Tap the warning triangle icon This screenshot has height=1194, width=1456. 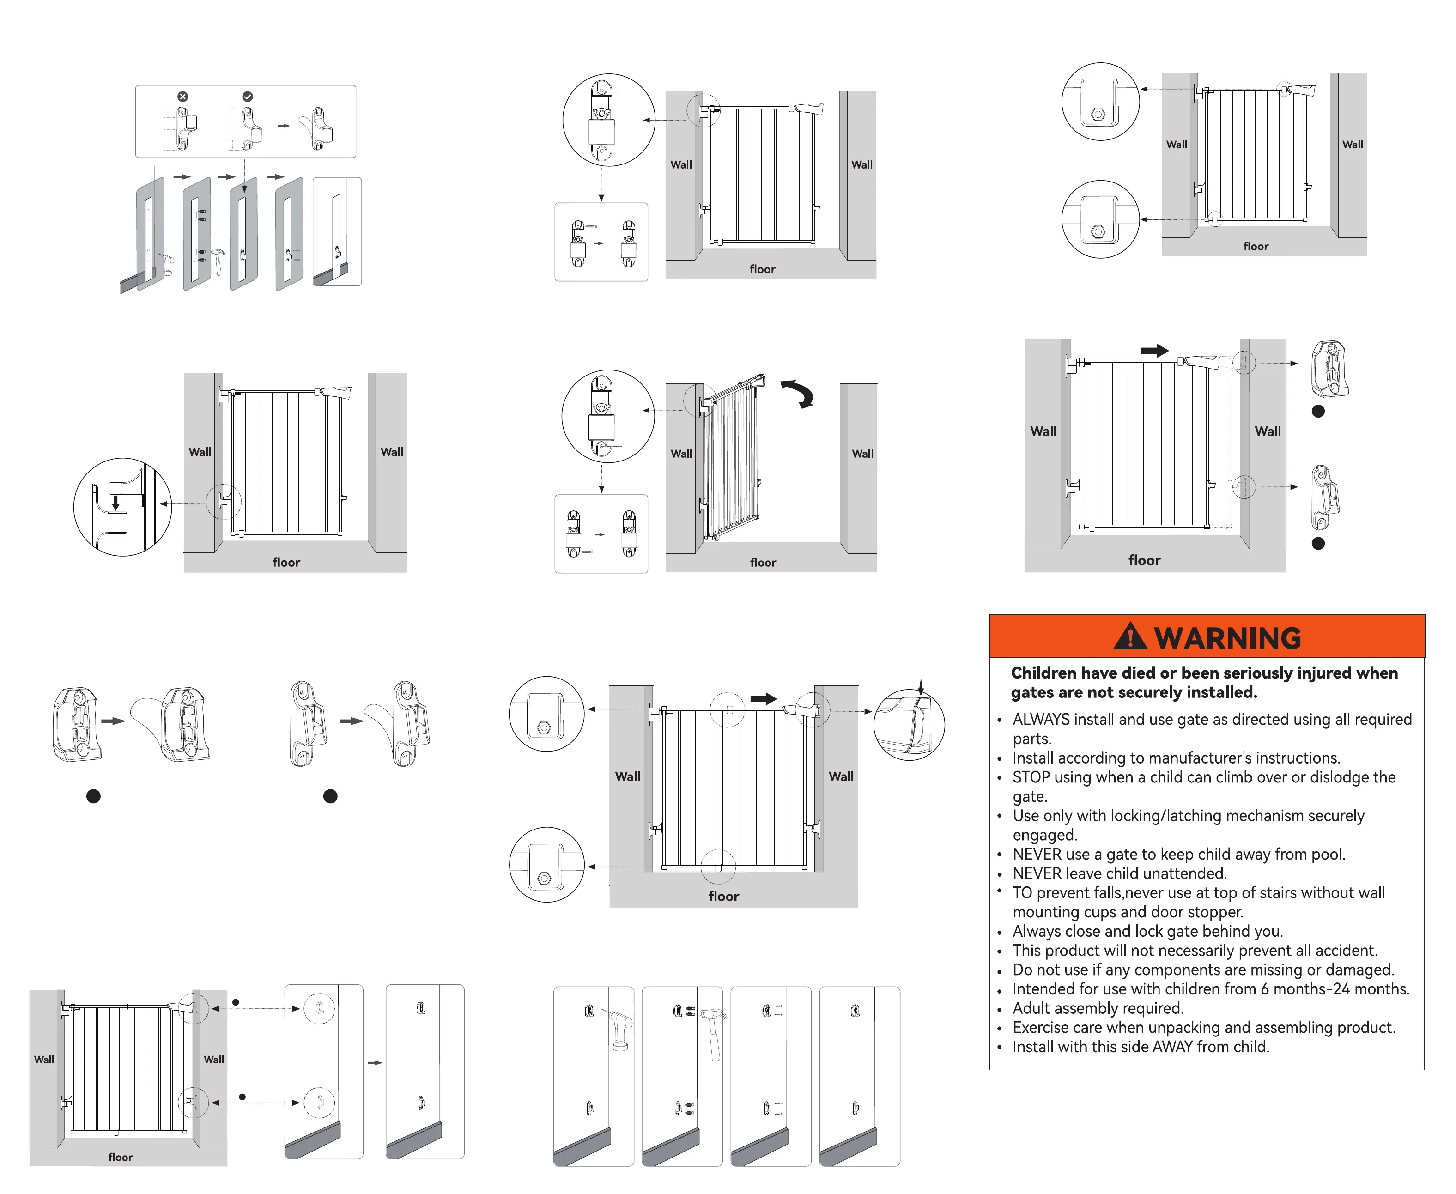pyautogui.click(x=1129, y=637)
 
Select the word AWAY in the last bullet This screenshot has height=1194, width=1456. pyautogui.click(x=1172, y=1047)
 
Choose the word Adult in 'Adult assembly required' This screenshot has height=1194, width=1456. pyautogui.click(x=1033, y=1008)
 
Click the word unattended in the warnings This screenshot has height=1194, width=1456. pyautogui.click(x=1182, y=873)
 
